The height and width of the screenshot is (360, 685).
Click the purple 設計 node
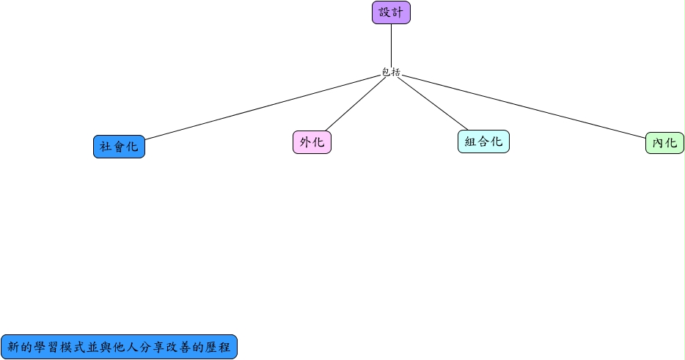point(391,12)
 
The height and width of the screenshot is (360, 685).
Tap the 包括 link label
point(391,72)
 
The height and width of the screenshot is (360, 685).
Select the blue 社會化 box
point(119,147)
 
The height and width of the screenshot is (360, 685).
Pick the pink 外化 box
point(312,142)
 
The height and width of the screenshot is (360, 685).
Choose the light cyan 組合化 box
point(483,142)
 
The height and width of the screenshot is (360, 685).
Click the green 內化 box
point(664,143)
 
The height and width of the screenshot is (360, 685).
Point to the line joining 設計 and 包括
point(391,45)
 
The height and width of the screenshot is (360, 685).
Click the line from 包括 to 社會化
point(263,108)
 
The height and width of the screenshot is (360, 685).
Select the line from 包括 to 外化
point(356,104)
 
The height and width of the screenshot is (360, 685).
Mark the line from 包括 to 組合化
point(433,103)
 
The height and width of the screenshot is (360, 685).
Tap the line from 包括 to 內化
point(524,106)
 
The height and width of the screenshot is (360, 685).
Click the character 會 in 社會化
point(119,147)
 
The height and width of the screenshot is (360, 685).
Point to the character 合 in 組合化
point(483,142)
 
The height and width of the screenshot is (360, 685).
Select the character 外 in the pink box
point(306,142)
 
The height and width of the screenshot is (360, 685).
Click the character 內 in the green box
point(659,143)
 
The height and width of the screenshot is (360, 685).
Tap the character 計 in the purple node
point(397,12)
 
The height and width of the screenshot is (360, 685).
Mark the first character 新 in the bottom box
point(14,348)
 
